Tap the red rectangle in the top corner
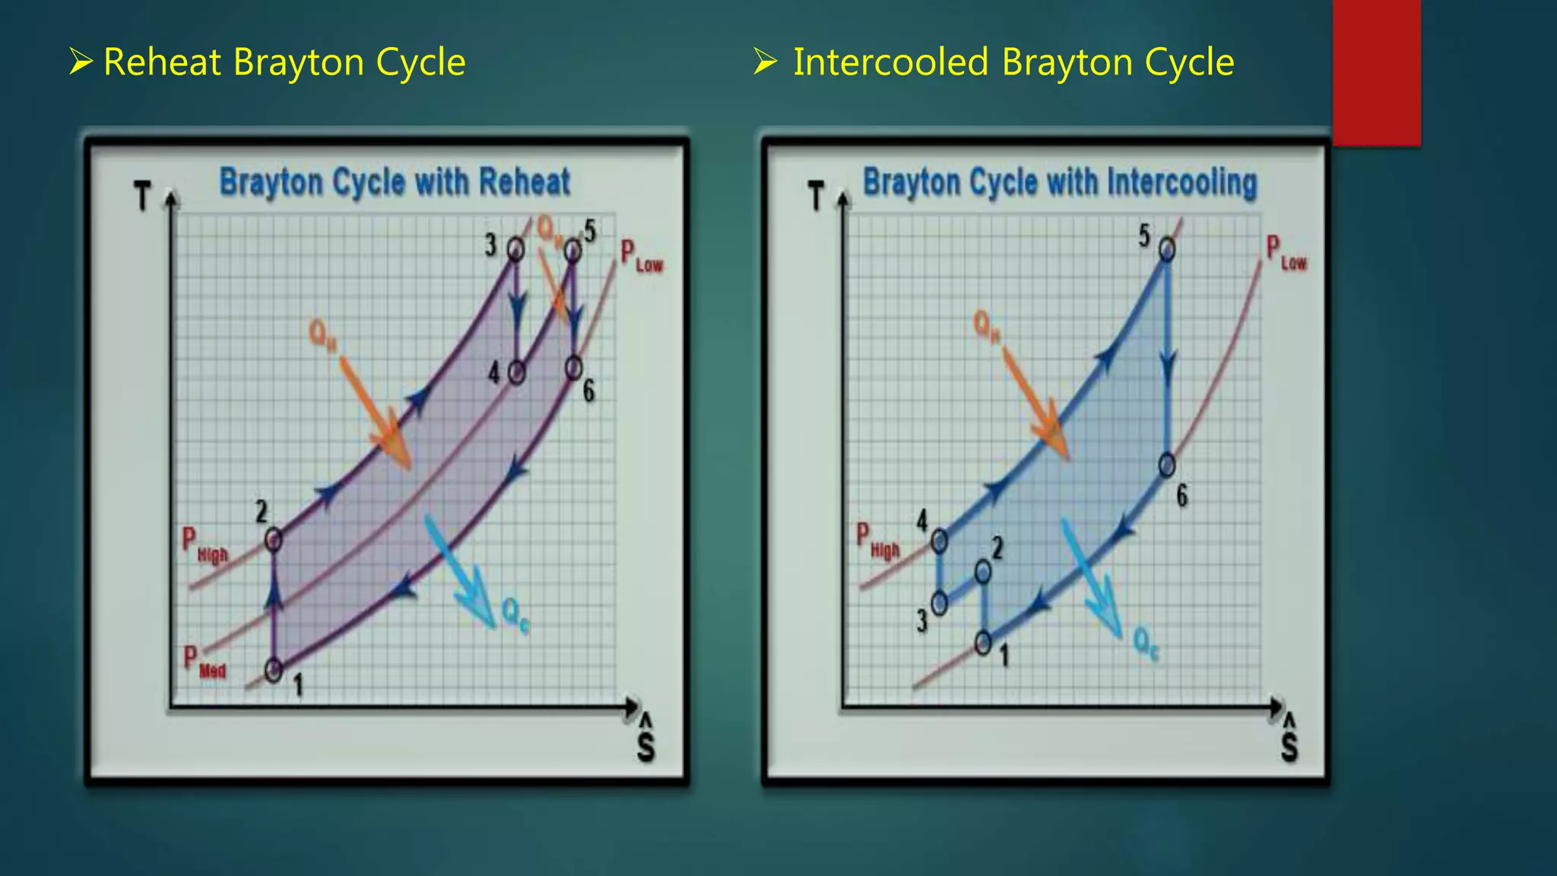pos(1376,72)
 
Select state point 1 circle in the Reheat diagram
pos(274,670)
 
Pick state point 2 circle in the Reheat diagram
pos(274,540)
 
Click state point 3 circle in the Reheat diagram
pos(515,249)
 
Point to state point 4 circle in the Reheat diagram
pos(516,373)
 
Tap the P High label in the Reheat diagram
pos(204,545)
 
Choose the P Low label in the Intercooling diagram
pos(1286,254)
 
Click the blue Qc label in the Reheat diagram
pos(515,614)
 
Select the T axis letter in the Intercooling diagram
pos(816,196)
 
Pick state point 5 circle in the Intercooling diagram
pos(1166,249)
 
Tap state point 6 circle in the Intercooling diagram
pos(1167,465)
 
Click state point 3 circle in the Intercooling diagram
pos(940,604)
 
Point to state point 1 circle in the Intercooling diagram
pos(983,643)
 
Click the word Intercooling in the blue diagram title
pos(1181,182)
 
